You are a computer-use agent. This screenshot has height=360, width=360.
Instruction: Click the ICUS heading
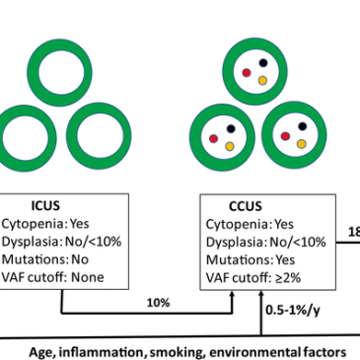point(45,205)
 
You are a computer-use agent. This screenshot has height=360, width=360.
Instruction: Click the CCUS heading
point(246,206)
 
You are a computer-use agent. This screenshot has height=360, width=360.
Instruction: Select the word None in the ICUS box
point(88,277)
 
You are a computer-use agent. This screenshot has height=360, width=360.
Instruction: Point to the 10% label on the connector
point(158,303)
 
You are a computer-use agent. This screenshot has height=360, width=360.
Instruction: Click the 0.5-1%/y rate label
point(292,310)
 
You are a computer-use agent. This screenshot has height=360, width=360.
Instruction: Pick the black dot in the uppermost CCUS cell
point(263,62)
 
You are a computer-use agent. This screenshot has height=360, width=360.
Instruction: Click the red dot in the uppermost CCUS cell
point(247,73)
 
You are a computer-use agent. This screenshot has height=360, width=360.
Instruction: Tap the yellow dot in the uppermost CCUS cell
point(262,80)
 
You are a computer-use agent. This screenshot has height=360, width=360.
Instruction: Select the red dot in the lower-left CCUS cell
point(214,139)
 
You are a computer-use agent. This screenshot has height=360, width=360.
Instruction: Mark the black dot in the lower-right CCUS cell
point(303,126)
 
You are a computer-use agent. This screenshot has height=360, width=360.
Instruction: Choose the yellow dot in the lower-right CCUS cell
point(302,144)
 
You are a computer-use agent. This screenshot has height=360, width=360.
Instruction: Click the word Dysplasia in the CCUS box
point(236,243)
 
